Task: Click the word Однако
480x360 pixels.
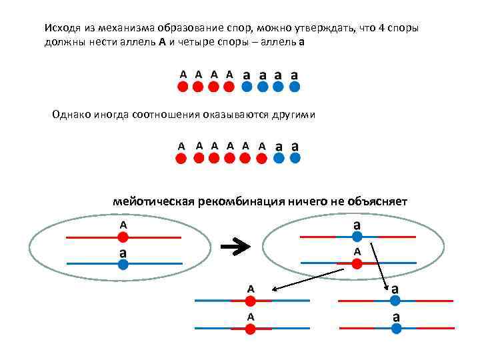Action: [72, 115]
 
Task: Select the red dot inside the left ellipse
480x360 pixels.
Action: [123, 237]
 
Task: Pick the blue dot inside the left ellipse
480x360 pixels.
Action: [123, 264]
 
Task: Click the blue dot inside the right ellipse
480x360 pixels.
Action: [357, 237]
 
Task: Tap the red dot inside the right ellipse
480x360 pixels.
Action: [357, 263]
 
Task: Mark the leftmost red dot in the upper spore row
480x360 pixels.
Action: [183, 87]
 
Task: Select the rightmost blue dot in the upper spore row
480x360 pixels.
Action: [295, 87]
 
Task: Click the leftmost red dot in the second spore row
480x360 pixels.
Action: [181, 158]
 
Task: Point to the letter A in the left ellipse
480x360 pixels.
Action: [123, 225]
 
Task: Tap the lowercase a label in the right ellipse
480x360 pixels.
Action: [357, 225]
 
